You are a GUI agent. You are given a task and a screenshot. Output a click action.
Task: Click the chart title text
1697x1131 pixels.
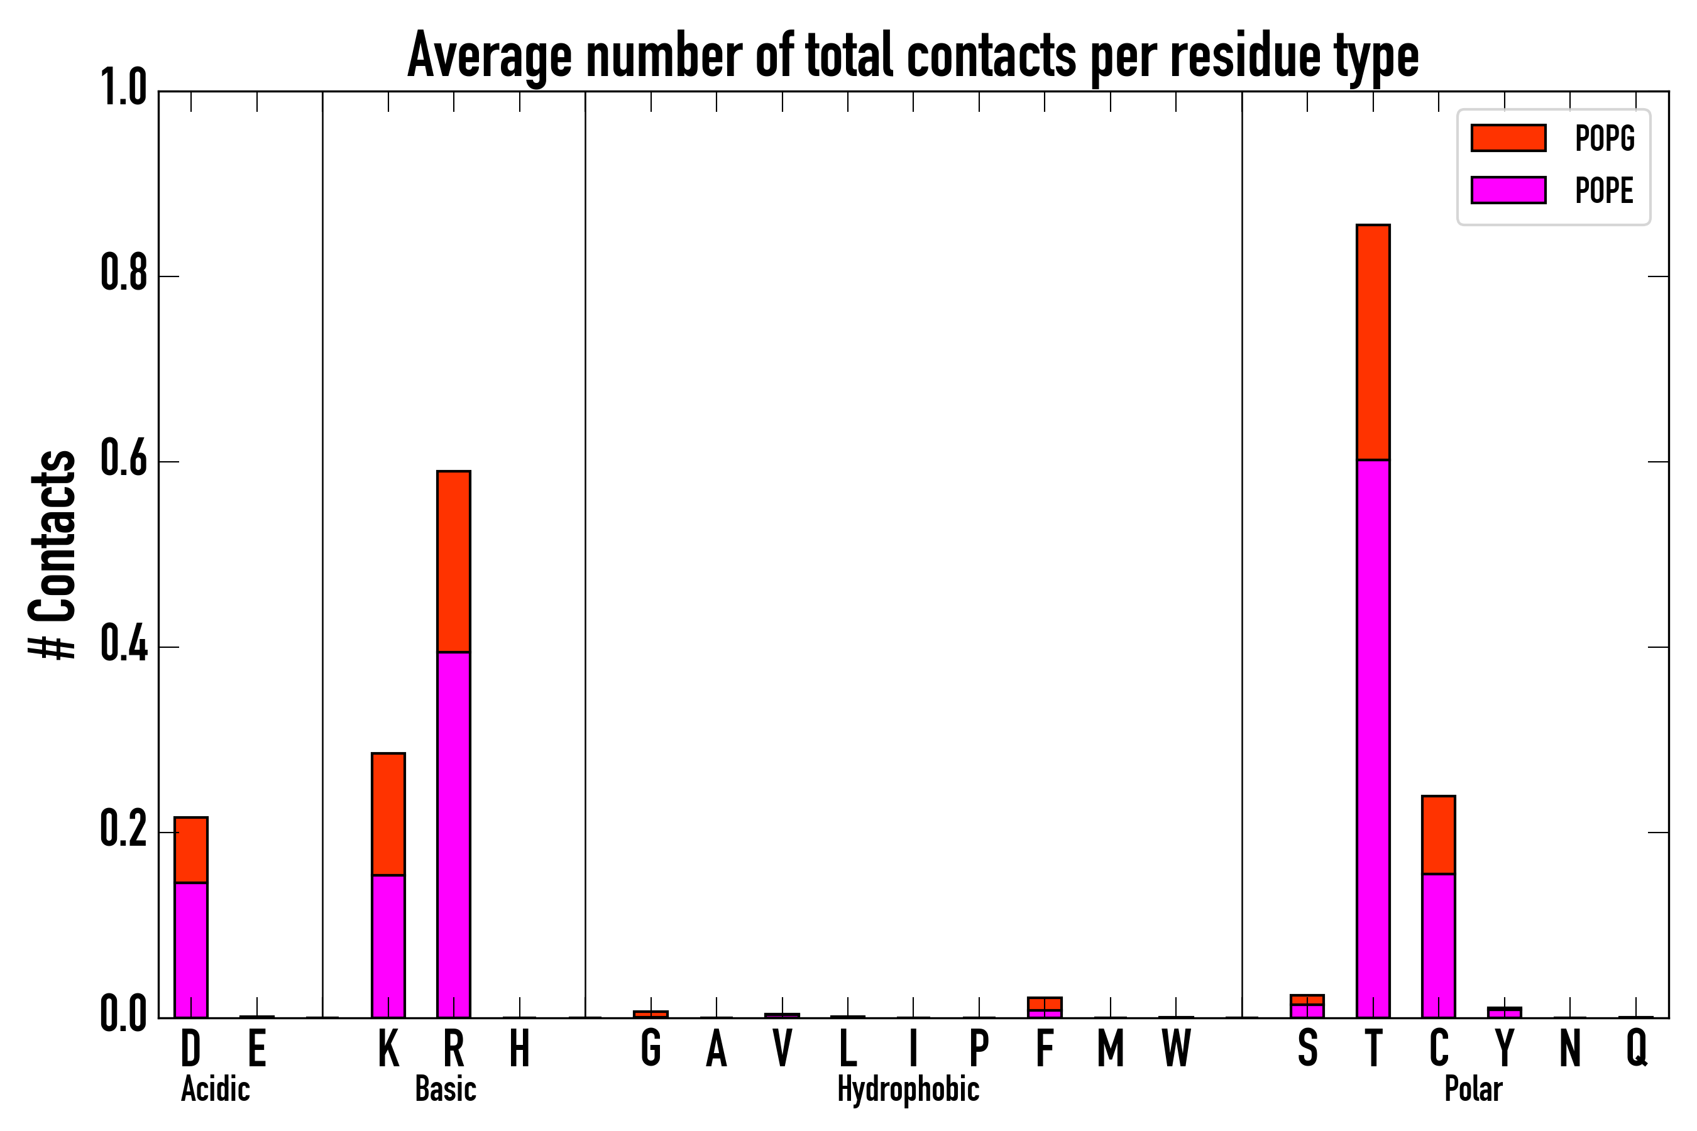point(913,57)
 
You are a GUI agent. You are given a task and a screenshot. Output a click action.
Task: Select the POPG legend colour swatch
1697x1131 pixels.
point(1508,138)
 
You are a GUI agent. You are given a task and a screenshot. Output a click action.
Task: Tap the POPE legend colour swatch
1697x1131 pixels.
point(1508,190)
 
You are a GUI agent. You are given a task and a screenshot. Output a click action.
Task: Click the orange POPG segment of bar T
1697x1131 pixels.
point(1373,342)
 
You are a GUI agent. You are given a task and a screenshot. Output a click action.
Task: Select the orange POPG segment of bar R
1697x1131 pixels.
point(454,561)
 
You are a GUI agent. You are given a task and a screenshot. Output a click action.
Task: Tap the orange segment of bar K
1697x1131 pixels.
point(388,814)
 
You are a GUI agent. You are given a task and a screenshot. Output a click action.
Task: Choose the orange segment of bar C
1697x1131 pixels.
point(1439,834)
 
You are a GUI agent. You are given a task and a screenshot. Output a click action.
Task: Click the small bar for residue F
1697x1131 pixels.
point(1045,1007)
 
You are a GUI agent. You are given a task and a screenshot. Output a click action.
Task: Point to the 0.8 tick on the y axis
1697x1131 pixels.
point(124,276)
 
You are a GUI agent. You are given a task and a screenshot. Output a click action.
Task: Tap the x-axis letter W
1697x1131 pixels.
point(1176,1049)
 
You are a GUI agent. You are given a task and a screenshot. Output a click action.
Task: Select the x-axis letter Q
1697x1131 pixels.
point(1637,1049)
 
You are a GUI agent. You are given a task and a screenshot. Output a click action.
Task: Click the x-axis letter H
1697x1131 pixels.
point(520,1049)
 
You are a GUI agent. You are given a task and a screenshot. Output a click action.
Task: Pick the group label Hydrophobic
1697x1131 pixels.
point(908,1089)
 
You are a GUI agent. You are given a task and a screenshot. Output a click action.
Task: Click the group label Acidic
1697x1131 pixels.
point(216,1089)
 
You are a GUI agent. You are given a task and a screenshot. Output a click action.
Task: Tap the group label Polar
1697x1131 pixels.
point(1473,1089)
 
